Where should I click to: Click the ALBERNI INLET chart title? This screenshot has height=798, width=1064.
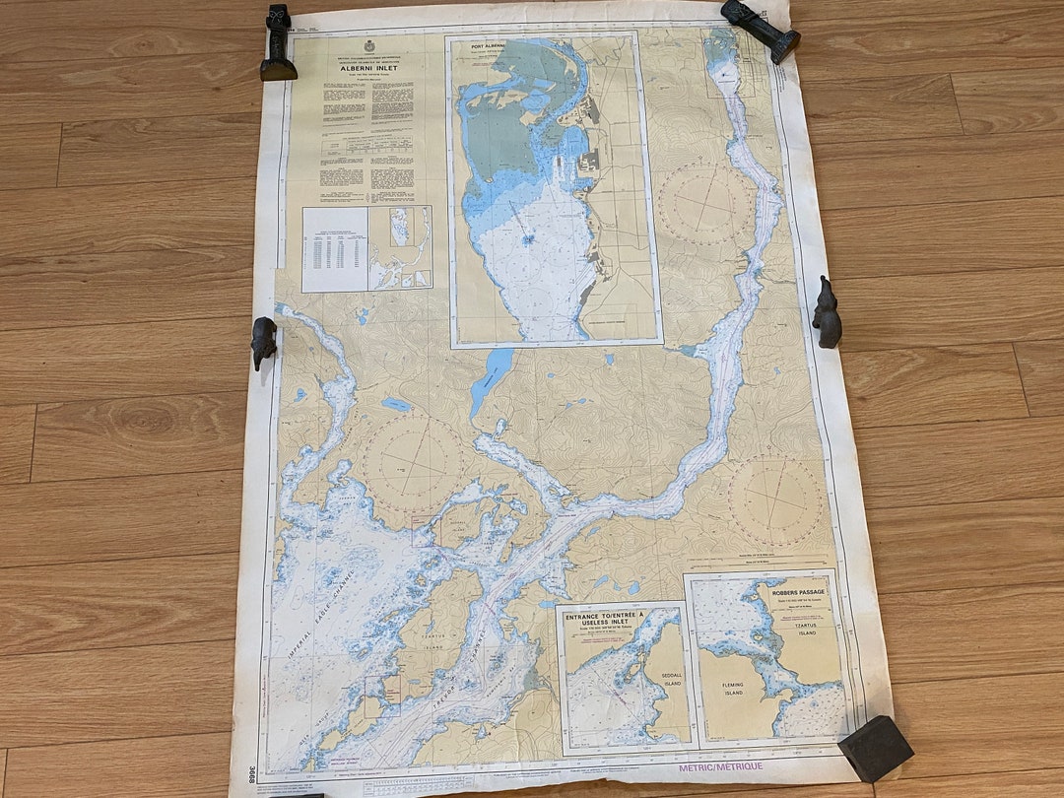click(x=366, y=70)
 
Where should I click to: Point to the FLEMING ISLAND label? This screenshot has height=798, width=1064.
click(x=732, y=689)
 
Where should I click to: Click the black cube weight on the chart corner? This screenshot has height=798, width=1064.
click(x=874, y=748)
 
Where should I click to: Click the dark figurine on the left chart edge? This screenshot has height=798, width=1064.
click(x=263, y=342)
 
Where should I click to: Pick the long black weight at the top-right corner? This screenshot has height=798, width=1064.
click(x=760, y=30)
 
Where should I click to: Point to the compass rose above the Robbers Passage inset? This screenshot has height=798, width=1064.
click(x=777, y=500)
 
